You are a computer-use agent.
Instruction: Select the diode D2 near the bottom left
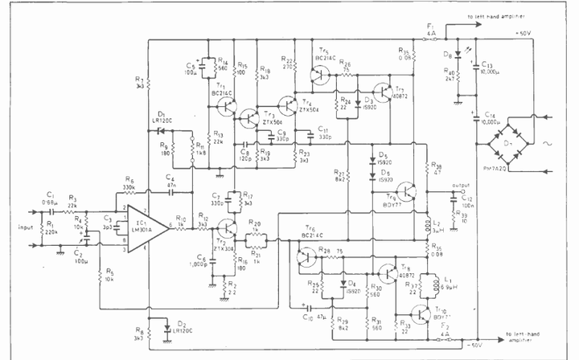166,329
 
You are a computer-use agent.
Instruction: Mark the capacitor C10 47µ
308,307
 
